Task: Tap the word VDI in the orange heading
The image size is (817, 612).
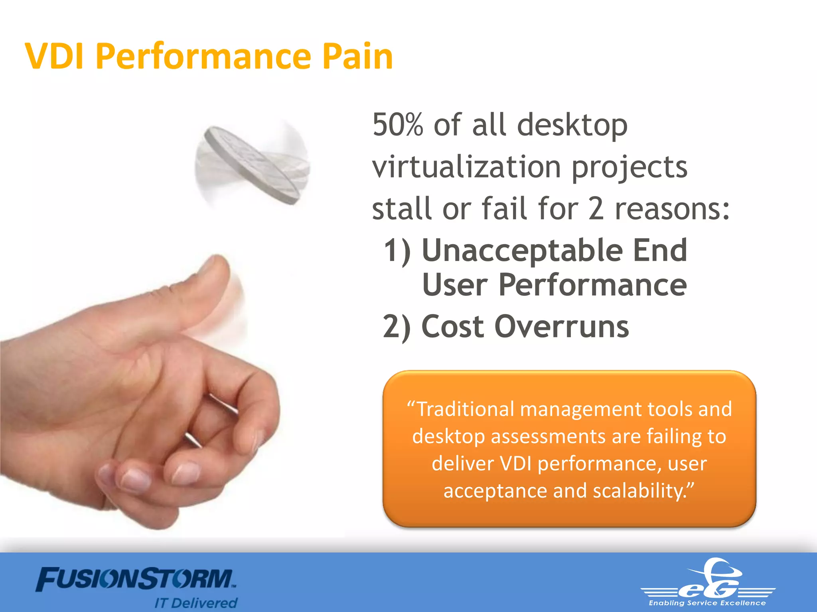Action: point(54,57)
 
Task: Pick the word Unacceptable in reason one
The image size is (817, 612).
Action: point(522,251)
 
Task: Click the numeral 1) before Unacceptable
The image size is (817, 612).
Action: point(397,251)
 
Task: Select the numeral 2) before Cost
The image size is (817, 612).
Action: point(397,327)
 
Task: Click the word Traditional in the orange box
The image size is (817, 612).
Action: point(465,409)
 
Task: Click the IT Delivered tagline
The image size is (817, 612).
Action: point(196,603)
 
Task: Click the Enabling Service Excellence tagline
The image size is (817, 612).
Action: point(707,603)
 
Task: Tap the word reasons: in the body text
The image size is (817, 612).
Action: point(672,209)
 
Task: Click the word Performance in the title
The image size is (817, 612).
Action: point(203,57)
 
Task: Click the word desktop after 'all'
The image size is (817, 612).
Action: point(572,126)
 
